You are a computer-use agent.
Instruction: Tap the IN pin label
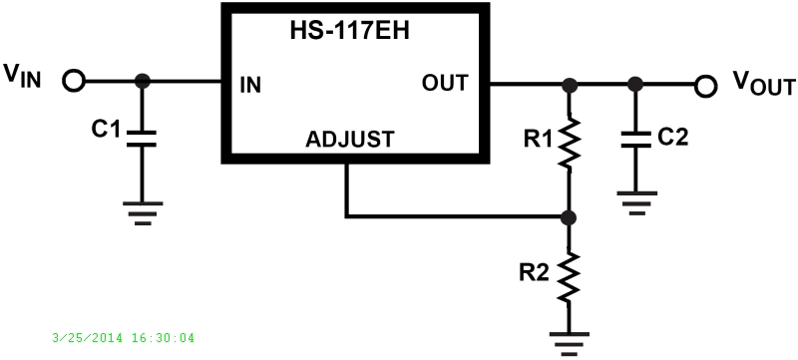[x=250, y=84]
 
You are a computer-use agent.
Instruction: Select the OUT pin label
[x=445, y=83]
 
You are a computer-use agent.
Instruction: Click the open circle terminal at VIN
[x=73, y=82]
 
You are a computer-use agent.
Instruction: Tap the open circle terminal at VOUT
[x=706, y=86]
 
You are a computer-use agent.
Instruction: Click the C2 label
[x=673, y=138]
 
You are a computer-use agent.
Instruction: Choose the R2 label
[x=535, y=270]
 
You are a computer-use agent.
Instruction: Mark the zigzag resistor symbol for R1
[x=569, y=142]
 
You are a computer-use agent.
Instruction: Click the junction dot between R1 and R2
[x=569, y=215]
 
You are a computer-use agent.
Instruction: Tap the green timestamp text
[x=123, y=338]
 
